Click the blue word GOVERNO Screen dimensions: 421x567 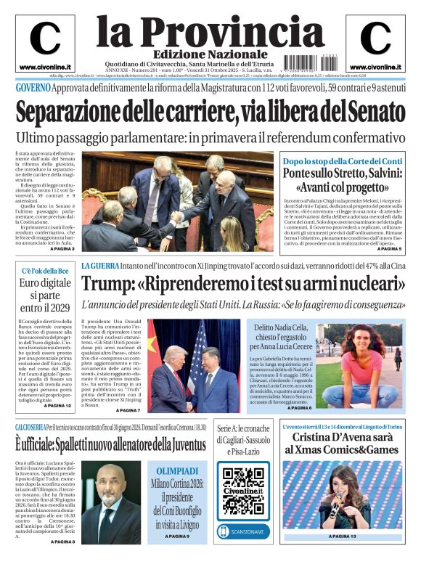coord(33,88)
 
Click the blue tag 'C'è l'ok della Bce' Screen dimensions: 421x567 coord(46,271)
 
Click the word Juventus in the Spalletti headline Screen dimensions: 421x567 coord(170,441)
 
